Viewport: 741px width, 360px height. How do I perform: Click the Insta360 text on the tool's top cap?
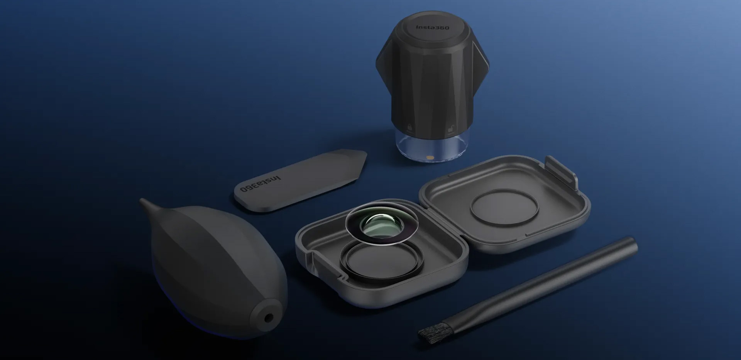coord(432,27)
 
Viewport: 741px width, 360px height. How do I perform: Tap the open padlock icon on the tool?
coord(450,129)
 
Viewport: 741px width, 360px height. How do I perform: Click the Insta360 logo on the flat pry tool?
coord(261,183)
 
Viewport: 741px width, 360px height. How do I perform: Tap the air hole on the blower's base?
coord(267,318)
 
